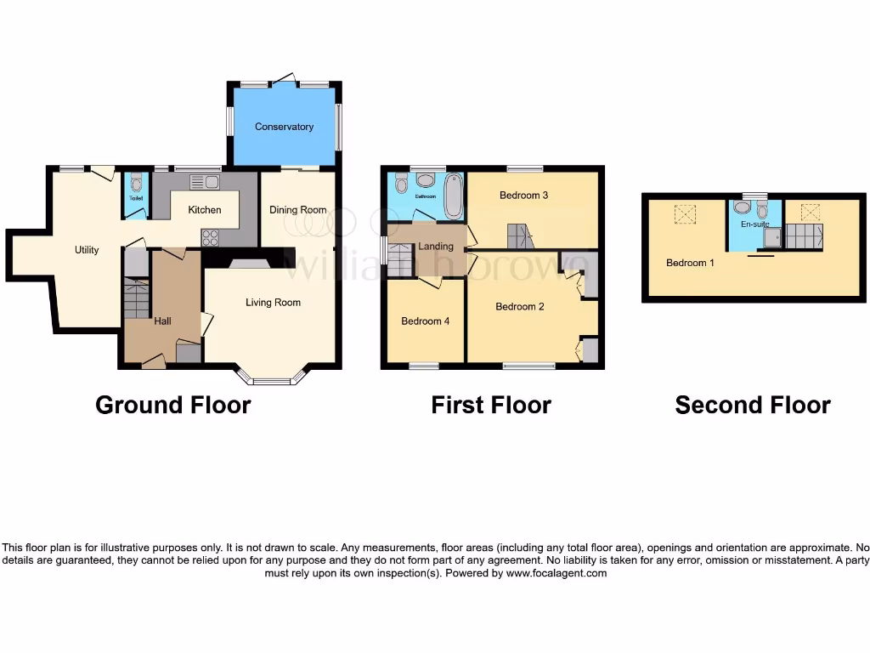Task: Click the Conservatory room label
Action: (x=285, y=127)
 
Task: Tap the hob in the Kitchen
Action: (x=209, y=238)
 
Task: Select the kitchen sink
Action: (x=204, y=182)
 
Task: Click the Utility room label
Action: (x=87, y=250)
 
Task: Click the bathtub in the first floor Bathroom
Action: (x=453, y=192)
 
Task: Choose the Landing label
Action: (x=435, y=247)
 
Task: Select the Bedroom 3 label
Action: (x=523, y=196)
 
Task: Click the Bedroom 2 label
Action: (x=520, y=306)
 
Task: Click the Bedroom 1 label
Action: (x=690, y=263)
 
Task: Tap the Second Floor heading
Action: (x=752, y=406)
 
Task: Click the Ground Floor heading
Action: (x=172, y=406)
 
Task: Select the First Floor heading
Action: (x=491, y=406)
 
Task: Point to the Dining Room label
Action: (x=298, y=210)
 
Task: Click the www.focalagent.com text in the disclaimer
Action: (x=556, y=574)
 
